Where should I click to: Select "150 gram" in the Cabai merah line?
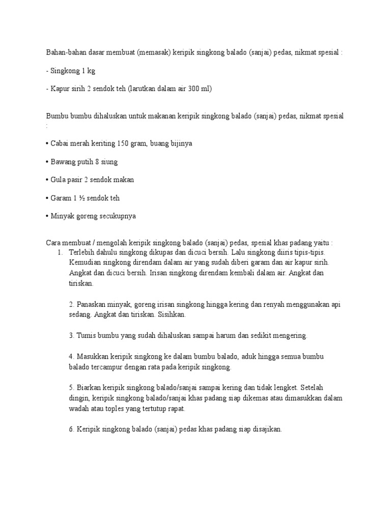coord(132,143)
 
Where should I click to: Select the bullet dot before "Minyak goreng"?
coord(48,216)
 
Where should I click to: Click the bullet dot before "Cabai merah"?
coord(48,143)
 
